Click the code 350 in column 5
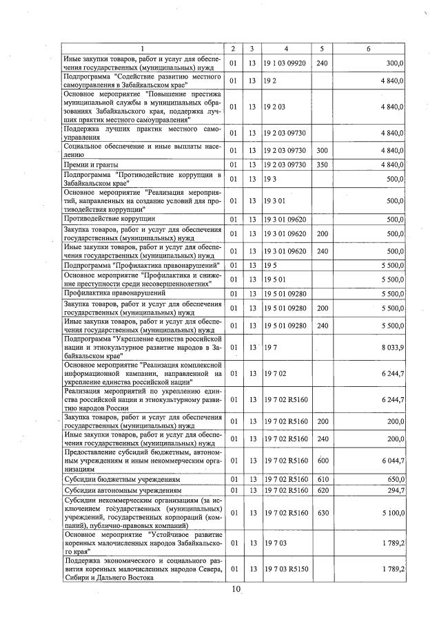(x=321, y=165)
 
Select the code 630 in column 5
(x=321, y=512)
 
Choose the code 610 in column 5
(x=321, y=478)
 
